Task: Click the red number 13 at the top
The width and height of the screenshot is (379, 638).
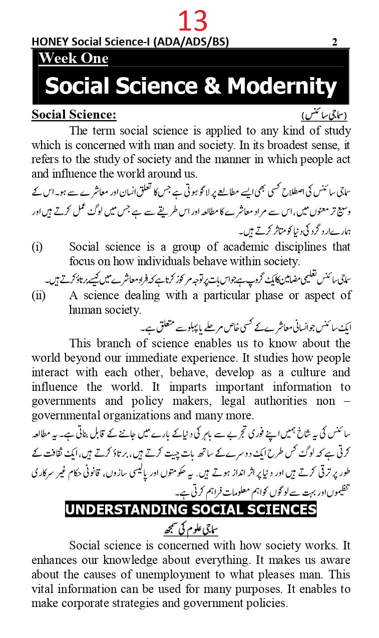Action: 192,21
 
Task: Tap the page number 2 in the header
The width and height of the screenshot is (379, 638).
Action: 334,42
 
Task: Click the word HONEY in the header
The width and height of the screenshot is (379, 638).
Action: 49,42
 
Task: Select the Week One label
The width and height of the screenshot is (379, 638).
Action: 74,59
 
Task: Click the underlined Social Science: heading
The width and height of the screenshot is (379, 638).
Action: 74,115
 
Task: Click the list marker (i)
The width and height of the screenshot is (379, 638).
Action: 37,247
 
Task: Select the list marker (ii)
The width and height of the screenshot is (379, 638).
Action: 39,295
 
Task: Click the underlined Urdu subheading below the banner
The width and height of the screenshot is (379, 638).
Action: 192,529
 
